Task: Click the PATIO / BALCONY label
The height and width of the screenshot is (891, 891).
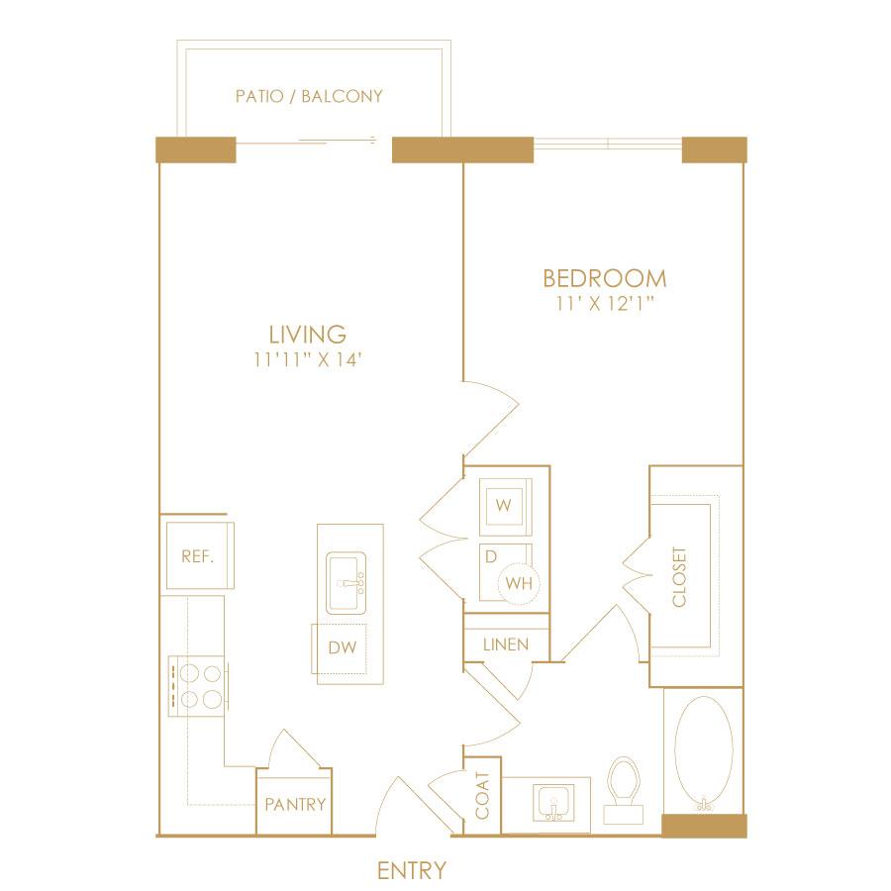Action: pos(309,96)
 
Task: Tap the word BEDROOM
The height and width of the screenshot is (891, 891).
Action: pos(605,278)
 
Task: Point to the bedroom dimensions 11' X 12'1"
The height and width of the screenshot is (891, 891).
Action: pos(605,304)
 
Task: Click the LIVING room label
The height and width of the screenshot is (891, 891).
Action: pos(308,335)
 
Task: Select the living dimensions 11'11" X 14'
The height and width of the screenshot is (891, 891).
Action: pos(308,359)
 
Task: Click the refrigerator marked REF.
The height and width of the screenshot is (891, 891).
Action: pos(200,555)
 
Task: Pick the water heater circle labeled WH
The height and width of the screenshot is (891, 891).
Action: pos(519,583)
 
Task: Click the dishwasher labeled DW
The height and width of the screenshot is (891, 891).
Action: pos(339,648)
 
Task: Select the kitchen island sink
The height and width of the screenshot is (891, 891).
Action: pos(346,583)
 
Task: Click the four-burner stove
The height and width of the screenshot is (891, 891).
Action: pos(198,686)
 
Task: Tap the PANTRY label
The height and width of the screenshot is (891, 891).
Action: pos(295,805)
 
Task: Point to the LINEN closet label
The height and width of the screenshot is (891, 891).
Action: pos(506,644)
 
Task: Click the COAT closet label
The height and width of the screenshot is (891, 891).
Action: pos(482,796)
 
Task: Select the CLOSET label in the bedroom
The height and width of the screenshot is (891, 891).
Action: pos(679,577)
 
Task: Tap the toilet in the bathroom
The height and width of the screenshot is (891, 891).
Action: pos(624,789)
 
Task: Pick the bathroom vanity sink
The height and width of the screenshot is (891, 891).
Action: pos(552,803)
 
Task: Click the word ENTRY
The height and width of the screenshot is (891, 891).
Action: pos(412,870)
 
